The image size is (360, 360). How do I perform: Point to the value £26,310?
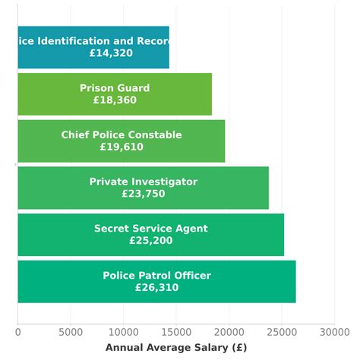(x=156, y=288)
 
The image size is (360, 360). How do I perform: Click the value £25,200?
(x=150, y=241)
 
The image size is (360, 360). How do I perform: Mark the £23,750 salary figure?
(x=143, y=194)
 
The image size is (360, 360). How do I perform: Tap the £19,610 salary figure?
(x=122, y=147)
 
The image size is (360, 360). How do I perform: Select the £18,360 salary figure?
(x=115, y=100)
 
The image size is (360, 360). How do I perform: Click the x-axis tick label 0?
(x=17, y=331)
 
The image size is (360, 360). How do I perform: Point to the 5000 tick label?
(x=71, y=331)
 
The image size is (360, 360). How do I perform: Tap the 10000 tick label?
(x=123, y=331)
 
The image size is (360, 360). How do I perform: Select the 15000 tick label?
(x=176, y=331)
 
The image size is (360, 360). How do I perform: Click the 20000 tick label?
(x=229, y=331)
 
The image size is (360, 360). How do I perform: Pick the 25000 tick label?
(x=282, y=331)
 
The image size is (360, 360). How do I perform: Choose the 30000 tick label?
(x=334, y=331)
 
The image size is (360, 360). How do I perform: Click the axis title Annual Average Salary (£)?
(x=176, y=347)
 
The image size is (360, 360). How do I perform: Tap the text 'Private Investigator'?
(x=143, y=182)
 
